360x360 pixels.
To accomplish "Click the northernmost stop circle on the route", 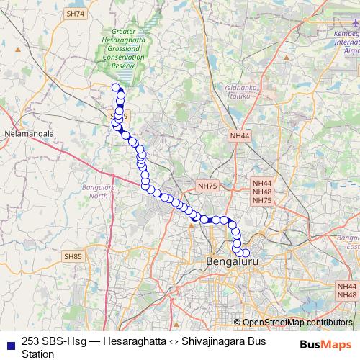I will point(115,88).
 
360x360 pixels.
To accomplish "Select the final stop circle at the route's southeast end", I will point(246,253).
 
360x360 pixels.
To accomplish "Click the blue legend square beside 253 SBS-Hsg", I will point(9,341).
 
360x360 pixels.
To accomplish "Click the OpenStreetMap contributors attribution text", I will point(298,323).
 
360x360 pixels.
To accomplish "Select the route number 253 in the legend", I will point(31,341).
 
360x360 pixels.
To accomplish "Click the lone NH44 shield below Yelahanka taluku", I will point(240,135).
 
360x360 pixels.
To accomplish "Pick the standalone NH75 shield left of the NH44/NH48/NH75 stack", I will point(207,186).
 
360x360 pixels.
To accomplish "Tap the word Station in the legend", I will point(37,354).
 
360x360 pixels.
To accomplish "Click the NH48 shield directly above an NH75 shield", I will point(263,192).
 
